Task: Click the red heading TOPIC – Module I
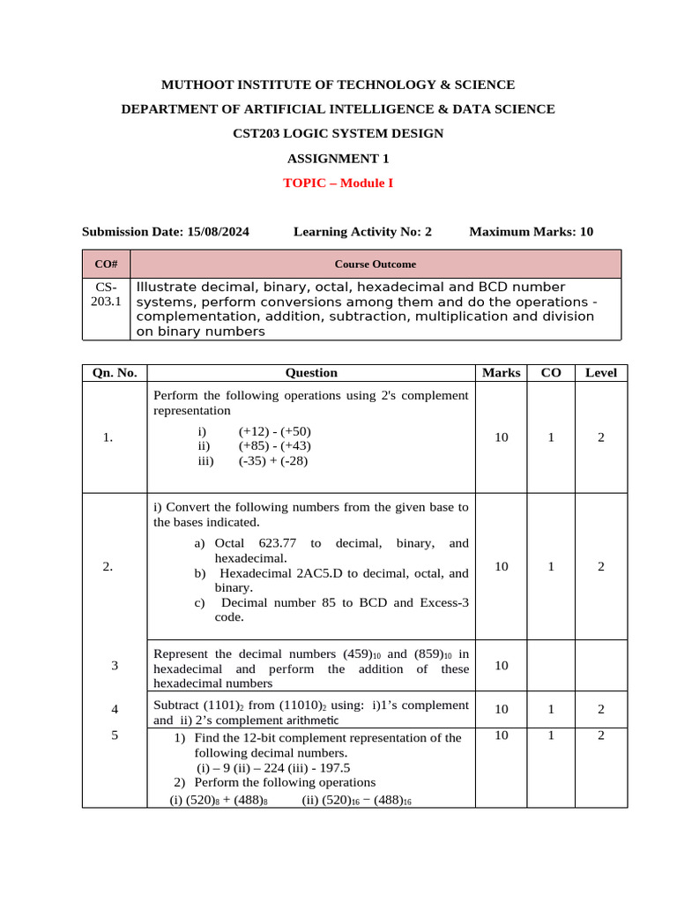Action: (x=338, y=183)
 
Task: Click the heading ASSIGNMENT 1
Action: (x=338, y=159)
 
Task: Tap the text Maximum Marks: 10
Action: (x=531, y=232)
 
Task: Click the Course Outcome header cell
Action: (x=376, y=264)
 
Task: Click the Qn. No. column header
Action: (x=115, y=373)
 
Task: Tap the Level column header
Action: (x=601, y=373)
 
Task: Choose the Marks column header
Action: (x=502, y=373)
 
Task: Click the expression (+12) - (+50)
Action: (x=274, y=431)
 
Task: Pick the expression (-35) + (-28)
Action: (x=272, y=460)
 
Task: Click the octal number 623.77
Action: (x=273, y=544)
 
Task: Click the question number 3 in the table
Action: (x=115, y=666)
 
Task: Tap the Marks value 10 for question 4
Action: (x=502, y=708)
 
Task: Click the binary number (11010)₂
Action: (x=304, y=705)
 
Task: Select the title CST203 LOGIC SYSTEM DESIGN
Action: (x=338, y=134)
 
